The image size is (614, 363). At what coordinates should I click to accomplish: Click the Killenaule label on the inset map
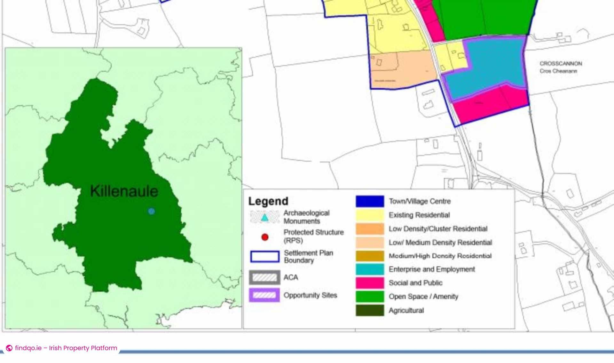click(x=124, y=191)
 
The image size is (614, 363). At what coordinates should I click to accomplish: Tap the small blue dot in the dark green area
click(x=152, y=211)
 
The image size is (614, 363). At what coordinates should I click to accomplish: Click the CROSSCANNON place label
click(x=561, y=64)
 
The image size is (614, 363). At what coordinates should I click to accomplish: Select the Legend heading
click(x=268, y=201)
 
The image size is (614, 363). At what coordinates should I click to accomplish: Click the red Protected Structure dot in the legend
click(x=265, y=237)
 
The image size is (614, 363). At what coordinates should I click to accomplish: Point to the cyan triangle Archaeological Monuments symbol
click(x=264, y=218)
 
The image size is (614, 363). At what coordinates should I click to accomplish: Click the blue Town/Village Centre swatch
click(x=370, y=202)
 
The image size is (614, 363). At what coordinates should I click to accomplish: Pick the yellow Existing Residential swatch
click(x=370, y=215)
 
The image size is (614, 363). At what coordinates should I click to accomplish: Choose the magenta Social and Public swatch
click(x=370, y=283)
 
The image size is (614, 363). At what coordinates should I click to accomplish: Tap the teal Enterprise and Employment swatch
click(x=370, y=270)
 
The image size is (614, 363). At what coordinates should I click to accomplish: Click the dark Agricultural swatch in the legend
click(x=370, y=311)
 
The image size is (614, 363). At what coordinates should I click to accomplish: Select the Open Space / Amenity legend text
click(x=423, y=297)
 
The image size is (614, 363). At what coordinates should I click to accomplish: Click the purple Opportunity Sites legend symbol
click(x=264, y=295)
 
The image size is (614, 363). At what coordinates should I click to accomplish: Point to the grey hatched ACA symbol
click(x=264, y=277)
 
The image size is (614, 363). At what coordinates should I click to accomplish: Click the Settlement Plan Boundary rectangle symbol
click(x=264, y=257)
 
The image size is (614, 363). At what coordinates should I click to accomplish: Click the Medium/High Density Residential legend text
click(x=440, y=256)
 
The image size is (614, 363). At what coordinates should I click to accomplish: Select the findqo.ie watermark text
click(x=66, y=348)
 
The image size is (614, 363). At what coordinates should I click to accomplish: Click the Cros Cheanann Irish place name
click(x=558, y=71)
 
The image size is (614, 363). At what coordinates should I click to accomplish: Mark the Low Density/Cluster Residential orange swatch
click(x=370, y=229)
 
